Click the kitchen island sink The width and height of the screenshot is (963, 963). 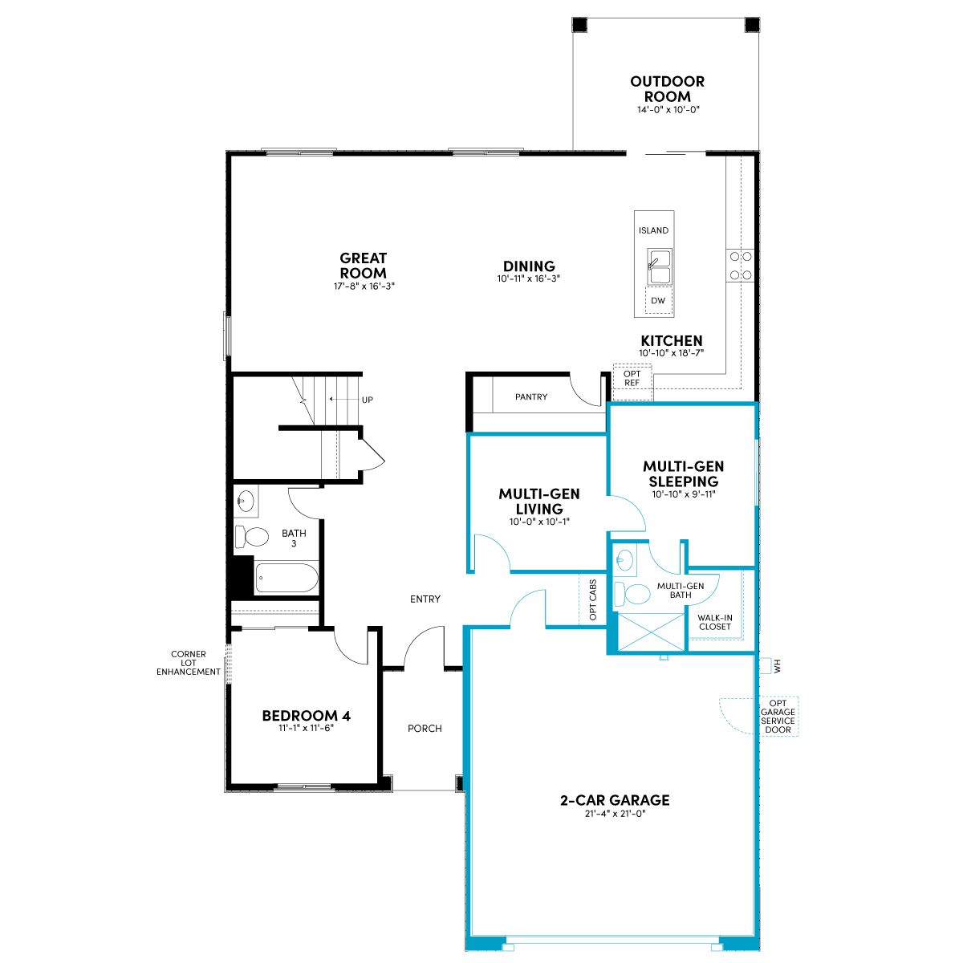pyautogui.click(x=659, y=266)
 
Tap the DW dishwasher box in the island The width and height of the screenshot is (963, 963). pyautogui.click(x=658, y=300)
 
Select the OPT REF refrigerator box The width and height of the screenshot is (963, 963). pyautogui.click(x=632, y=382)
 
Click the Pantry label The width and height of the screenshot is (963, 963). pyautogui.click(x=530, y=396)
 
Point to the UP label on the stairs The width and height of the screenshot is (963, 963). pyautogui.click(x=368, y=400)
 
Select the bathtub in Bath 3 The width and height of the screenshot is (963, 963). pyautogui.click(x=286, y=578)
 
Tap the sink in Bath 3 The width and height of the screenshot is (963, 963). pyautogui.click(x=246, y=500)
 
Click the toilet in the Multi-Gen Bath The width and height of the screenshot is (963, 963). pyautogui.click(x=632, y=594)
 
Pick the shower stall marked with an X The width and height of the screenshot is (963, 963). pyautogui.click(x=652, y=632)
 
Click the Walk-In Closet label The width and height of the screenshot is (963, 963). pyautogui.click(x=715, y=622)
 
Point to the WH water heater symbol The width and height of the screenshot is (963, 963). pyautogui.click(x=766, y=666)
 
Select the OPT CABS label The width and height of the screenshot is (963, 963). pyautogui.click(x=593, y=599)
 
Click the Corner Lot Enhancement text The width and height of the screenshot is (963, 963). pyautogui.click(x=189, y=663)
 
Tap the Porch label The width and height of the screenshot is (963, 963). pyautogui.click(x=425, y=729)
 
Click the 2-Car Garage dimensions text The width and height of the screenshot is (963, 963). pyautogui.click(x=616, y=814)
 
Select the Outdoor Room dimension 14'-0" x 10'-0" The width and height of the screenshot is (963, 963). pyautogui.click(x=668, y=109)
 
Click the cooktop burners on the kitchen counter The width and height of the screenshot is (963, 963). pyautogui.click(x=741, y=266)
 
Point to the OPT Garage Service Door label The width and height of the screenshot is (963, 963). pyautogui.click(x=778, y=716)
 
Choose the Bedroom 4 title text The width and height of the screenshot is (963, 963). pyautogui.click(x=307, y=716)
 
